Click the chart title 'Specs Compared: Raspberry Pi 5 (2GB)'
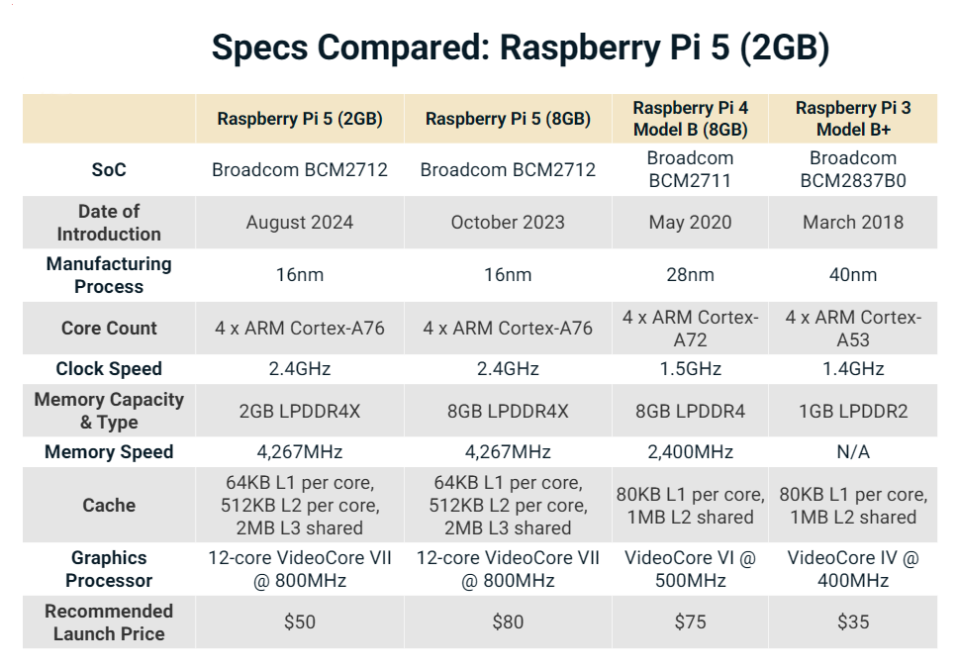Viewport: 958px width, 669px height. [520, 47]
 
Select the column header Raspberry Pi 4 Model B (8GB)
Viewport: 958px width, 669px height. [690, 119]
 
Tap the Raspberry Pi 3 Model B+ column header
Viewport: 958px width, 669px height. [853, 119]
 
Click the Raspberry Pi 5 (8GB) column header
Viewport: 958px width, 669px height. [508, 119]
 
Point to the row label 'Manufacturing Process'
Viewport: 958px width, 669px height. [109, 275]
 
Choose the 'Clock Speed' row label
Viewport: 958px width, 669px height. [109, 369]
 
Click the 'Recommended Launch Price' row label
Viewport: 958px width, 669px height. [109, 622]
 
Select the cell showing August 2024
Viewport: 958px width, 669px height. [300, 223]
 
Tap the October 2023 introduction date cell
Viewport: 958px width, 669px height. [508, 223]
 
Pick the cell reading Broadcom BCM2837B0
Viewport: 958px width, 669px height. [853, 170]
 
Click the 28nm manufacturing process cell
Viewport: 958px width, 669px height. [690, 275]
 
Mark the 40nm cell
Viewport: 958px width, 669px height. [853, 275]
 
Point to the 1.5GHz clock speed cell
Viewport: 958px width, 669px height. [690, 369]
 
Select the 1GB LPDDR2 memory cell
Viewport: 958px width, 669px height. [853, 411]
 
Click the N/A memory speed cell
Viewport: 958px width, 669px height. [853, 452]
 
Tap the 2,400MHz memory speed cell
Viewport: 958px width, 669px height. [690, 452]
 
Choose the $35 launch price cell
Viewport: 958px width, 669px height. [853, 622]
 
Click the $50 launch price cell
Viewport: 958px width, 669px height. [300, 622]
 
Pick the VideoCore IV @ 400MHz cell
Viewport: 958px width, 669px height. [853, 569]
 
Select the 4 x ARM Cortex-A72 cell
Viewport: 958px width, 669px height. [690, 329]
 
